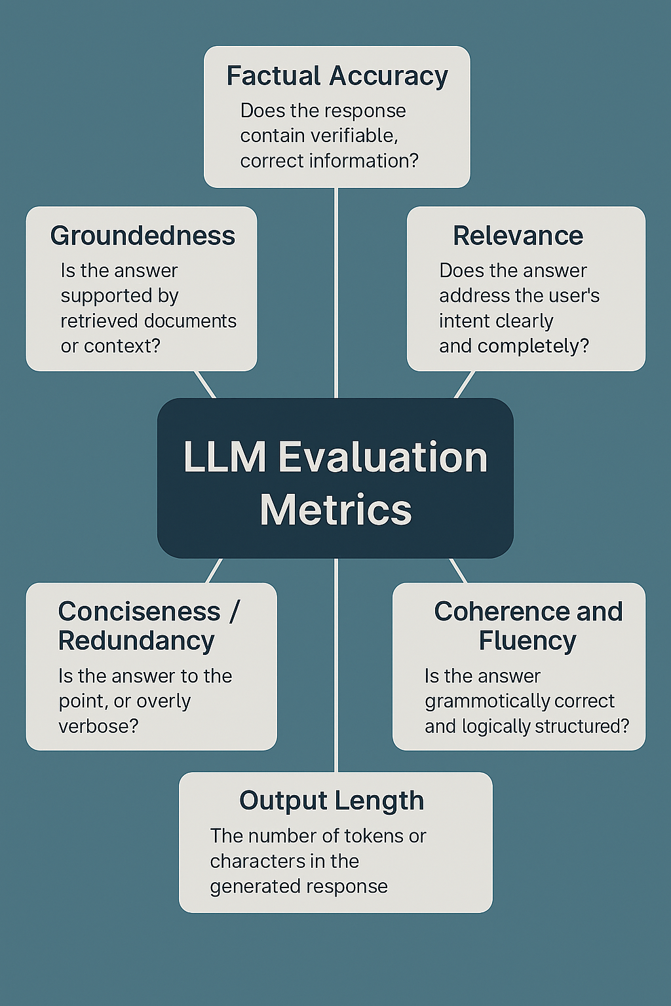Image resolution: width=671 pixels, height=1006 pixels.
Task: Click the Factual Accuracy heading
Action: click(x=337, y=76)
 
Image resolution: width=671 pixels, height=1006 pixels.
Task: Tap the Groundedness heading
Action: click(x=142, y=236)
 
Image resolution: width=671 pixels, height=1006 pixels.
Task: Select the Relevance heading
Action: click(x=518, y=236)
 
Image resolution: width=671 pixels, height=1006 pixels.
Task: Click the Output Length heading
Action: click(x=332, y=800)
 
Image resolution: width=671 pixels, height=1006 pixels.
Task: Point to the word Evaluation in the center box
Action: click(x=383, y=457)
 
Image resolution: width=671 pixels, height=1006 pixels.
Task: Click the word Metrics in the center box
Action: click(x=335, y=510)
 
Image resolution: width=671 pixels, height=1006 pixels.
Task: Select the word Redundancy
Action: click(x=136, y=641)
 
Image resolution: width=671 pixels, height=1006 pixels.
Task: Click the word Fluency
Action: click(x=527, y=641)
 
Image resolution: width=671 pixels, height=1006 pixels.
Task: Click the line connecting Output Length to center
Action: click(x=335, y=665)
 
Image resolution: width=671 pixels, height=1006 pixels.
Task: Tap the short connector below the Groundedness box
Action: click(x=205, y=384)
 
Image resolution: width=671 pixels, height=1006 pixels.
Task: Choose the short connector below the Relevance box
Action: click(x=464, y=384)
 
